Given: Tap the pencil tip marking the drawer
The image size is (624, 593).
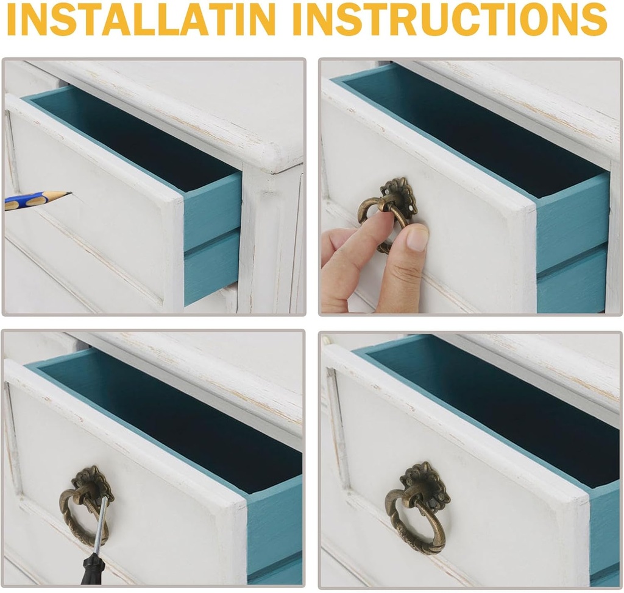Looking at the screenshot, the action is click(x=68, y=194).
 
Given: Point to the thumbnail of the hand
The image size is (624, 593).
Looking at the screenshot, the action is click(x=417, y=239).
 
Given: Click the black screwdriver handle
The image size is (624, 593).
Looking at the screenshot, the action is click(x=92, y=569).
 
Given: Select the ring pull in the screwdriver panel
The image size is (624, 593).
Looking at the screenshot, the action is click(x=82, y=517).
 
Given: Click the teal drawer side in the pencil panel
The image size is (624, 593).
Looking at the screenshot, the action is click(x=212, y=239).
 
